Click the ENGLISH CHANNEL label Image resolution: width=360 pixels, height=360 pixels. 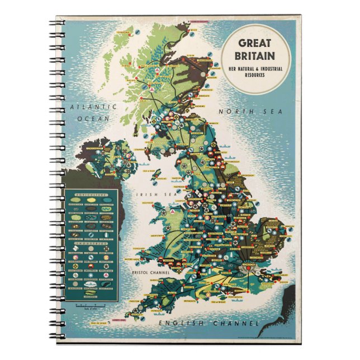click(x=209, y=323)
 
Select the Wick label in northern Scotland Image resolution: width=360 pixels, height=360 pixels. click(x=193, y=31)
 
